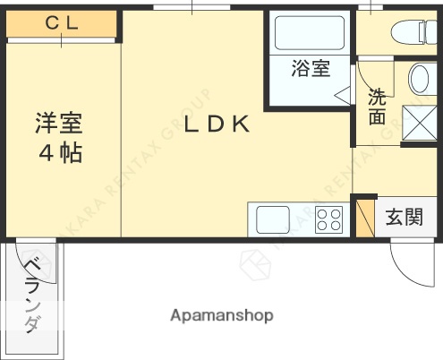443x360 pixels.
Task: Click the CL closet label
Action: pyautogui.click(x=61, y=24)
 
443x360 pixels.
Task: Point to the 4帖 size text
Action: pyautogui.click(x=59, y=153)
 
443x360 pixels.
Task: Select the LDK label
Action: pyautogui.click(x=216, y=124)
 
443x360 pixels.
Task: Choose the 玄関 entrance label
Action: pyautogui.click(x=404, y=217)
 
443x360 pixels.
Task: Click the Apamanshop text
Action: pyautogui.click(x=221, y=315)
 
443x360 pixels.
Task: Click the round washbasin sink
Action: pyautogui.click(x=422, y=79)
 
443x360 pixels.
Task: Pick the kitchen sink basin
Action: pyautogui.click(x=273, y=219)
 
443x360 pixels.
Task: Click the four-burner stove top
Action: pyautogui.click(x=328, y=219)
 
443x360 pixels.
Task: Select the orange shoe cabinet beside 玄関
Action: pyautogui.click(x=364, y=216)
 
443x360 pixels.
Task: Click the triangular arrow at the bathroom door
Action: pyautogui.click(x=343, y=92)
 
